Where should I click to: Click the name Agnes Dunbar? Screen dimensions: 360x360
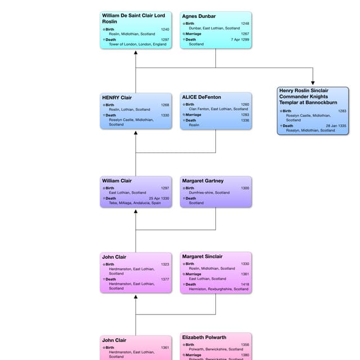pos(199,16)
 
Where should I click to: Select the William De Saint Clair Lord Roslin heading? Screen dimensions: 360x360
pos(133,19)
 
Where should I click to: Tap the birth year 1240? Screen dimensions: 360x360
pos(165,29)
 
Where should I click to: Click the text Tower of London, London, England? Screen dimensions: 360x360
pos(138,44)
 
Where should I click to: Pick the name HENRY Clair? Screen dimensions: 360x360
pos(117,97)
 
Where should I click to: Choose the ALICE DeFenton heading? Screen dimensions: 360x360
pos(201,97)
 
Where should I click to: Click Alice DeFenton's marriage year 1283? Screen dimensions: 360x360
pos(245,115)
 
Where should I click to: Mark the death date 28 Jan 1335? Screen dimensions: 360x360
pos(335,125)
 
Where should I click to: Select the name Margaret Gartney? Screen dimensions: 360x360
pos(202,181)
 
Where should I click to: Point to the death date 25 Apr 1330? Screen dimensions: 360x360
pos(159,198)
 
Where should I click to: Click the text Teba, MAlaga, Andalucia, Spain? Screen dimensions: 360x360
pos(135,203)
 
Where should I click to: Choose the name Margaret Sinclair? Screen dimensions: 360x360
pos(202,256)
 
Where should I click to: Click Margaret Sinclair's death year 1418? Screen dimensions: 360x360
pos(245,284)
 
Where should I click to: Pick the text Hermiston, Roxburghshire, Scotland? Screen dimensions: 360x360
pos(216,289)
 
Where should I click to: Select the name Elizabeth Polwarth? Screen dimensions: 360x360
pos(204,337)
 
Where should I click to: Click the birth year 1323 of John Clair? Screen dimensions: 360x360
pos(165,264)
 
